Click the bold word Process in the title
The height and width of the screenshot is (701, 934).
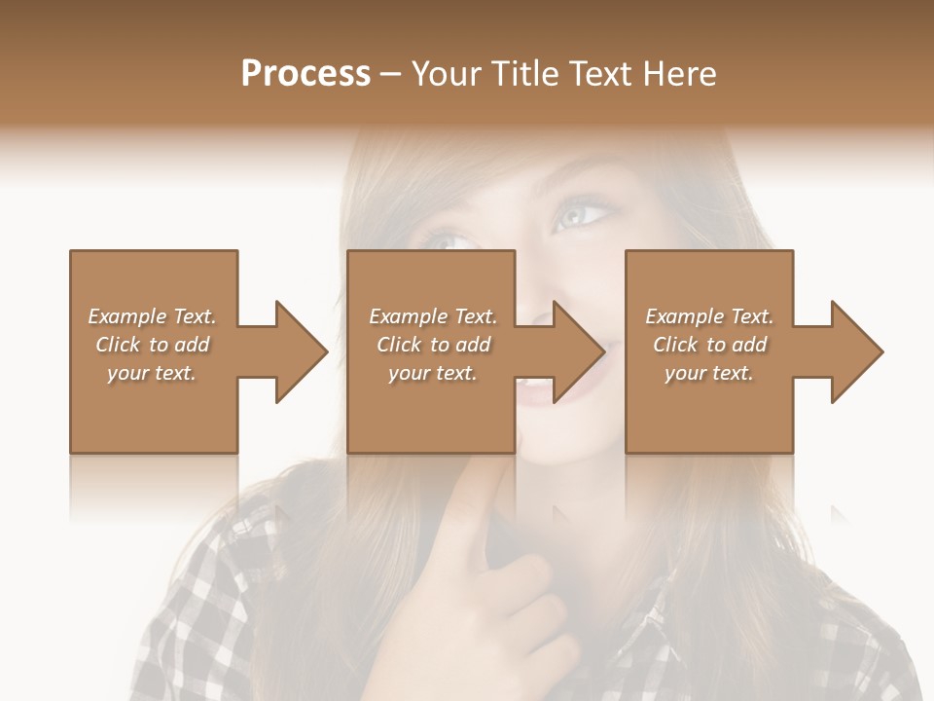[305, 74]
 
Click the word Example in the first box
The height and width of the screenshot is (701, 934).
[126, 316]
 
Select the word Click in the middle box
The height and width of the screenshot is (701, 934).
[397, 345]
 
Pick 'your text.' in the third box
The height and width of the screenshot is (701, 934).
[708, 373]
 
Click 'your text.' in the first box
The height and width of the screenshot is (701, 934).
[151, 373]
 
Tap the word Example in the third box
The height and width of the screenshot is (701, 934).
[684, 316]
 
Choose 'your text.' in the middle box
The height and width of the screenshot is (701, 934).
[432, 373]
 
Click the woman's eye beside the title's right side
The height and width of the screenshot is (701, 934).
[582, 212]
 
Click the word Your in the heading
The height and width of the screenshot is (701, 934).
[448, 74]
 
